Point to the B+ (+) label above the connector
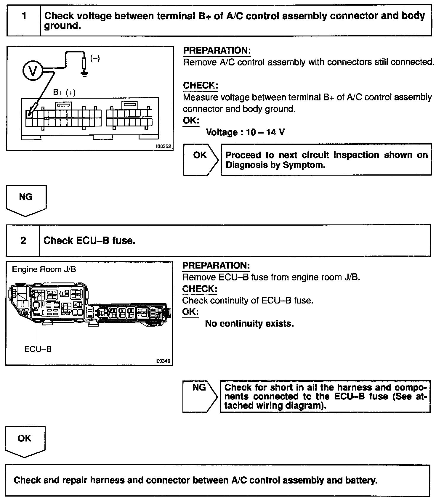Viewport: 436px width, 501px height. (64, 93)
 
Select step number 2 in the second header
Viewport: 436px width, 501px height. (23, 240)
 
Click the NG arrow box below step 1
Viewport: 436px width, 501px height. (26, 199)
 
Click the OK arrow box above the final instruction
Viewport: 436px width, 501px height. (25, 441)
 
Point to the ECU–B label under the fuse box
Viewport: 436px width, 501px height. (38, 349)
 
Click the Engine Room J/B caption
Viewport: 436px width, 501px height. (44, 269)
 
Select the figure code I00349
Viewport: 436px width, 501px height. (163, 361)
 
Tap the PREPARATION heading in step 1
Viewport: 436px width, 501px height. (217, 50)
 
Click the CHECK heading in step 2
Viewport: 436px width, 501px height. (200, 289)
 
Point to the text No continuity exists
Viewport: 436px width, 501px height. (249, 324)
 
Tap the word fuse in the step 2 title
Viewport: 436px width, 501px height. (124, 240)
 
